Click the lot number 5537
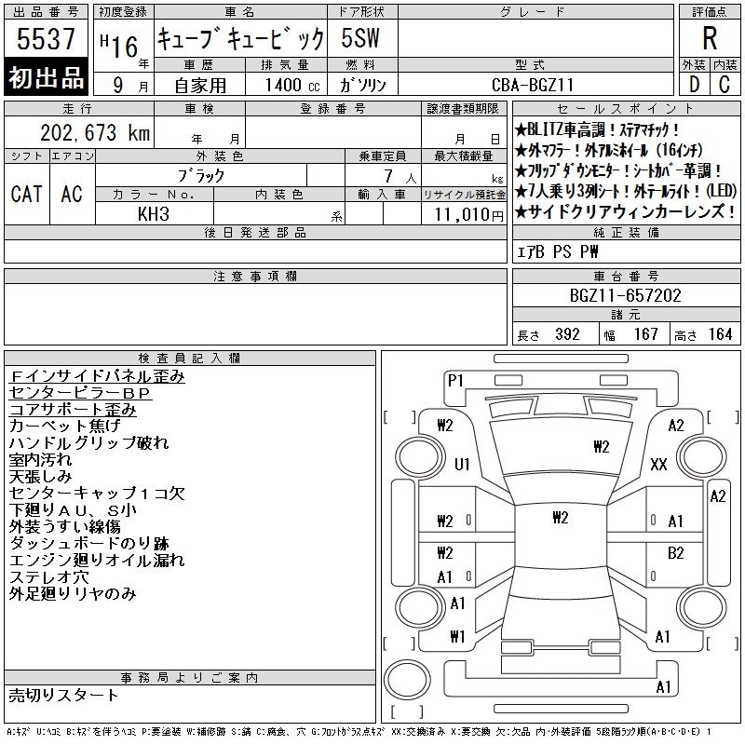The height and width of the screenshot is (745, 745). click(46, 39)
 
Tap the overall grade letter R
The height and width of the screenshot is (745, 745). click(710, 38)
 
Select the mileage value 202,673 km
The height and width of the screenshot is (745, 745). click(95, 132)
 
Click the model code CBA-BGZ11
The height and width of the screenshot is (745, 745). click(533, 85)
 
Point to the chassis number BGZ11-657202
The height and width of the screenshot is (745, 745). click(625, 295)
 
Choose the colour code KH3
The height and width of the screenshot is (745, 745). click(154, 214)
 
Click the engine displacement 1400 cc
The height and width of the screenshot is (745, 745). click(292, 85)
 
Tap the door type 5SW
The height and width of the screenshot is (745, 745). click(360, 38)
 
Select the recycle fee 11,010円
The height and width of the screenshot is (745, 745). click(469, 215)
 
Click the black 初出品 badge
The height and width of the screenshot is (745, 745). click(46, 77)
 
